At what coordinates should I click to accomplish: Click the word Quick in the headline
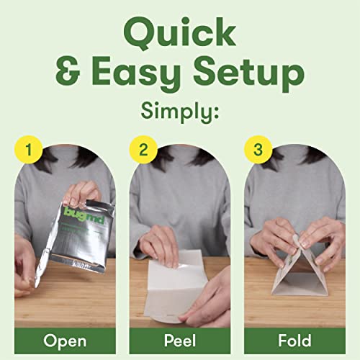(180, 32)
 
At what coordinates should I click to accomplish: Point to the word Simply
(180, 114)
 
